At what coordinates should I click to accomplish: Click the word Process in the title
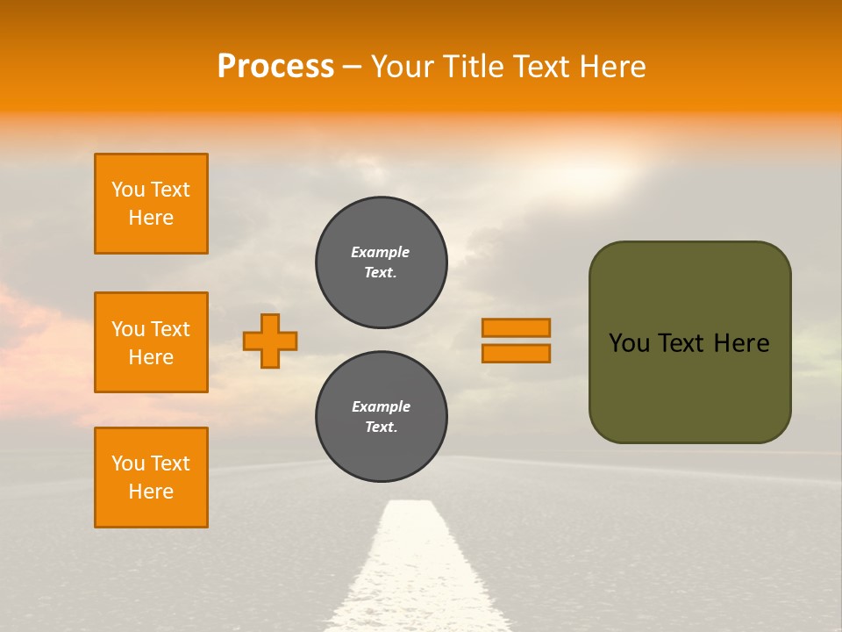(x=275, y=67)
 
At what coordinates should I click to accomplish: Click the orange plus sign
(x=270, y=341)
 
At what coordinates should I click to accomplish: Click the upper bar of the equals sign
(x=516, y=327)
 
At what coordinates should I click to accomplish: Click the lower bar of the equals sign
(x=516, y=354)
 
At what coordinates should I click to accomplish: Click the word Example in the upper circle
(x=381, y=252)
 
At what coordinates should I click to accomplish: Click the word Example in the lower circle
(x=381, y=406)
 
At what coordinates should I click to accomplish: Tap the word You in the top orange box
(x=128, y=190)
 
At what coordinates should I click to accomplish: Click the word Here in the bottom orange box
(x=151, y=492)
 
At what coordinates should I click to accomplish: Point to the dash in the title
(x=352, y=67)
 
